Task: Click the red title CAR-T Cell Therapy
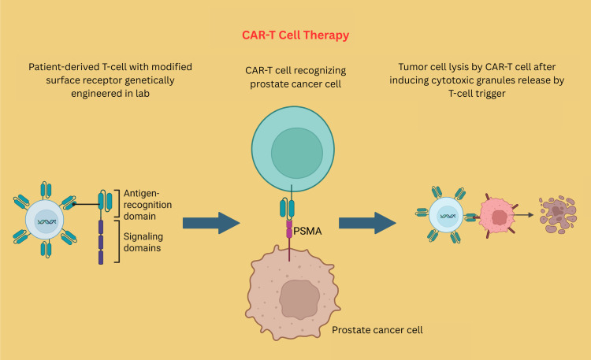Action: point(295,35)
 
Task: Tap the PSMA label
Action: point(307,231)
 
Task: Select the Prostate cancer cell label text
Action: point(377,330)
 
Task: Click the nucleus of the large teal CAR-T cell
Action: point(297,153)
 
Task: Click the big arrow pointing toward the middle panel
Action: point(211,223)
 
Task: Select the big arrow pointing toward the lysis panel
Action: point(367,223)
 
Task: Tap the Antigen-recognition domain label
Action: point(148,205)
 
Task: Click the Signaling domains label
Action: point(143,242)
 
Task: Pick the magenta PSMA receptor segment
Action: point(289,229)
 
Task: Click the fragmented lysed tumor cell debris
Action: point(558,214)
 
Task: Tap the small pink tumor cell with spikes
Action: point(497,216)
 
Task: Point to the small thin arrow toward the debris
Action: point(524,215)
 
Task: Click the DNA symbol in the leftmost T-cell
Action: point(46,221)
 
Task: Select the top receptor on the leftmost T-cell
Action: point(46,190)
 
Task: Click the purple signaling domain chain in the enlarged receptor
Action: point(101,242)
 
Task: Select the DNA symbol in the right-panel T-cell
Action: point(448,216)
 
